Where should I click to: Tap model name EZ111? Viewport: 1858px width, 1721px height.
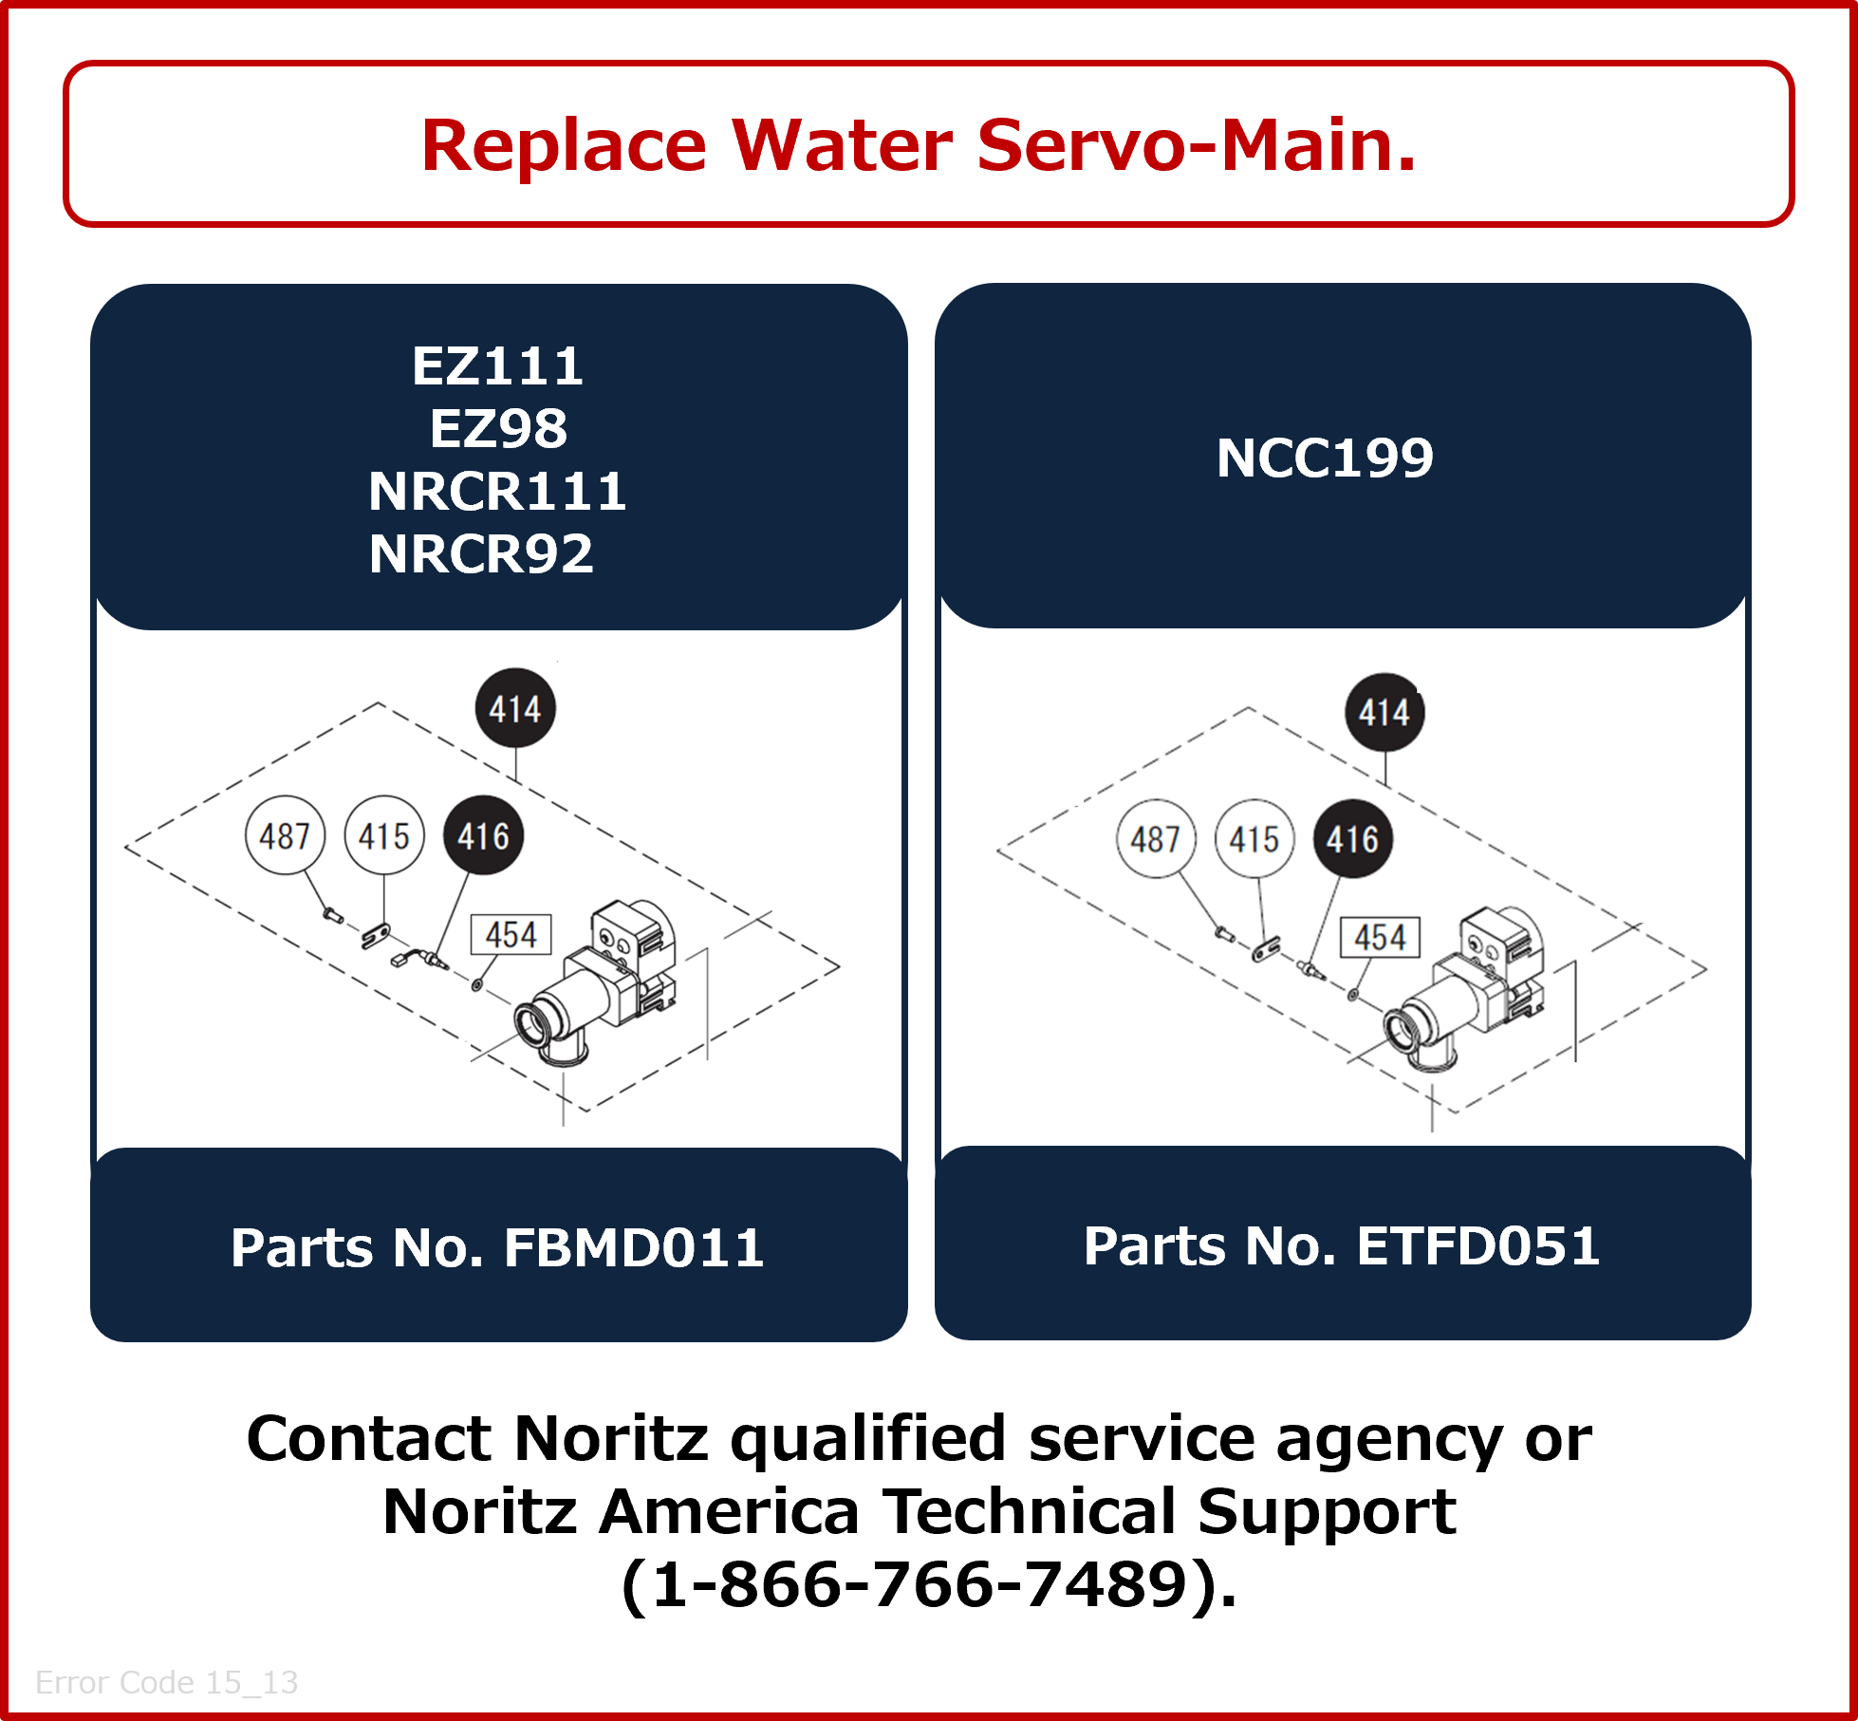coord(498,366)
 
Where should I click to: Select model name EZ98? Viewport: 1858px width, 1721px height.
coord(498,429)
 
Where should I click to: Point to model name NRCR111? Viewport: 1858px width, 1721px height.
coord(498,492)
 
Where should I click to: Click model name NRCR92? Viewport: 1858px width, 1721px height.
coord(481,554)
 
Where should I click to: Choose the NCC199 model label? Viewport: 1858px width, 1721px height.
coord(1325,458)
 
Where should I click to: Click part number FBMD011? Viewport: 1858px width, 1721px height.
coord(634,1247)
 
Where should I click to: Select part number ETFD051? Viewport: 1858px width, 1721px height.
coord(1478,1245)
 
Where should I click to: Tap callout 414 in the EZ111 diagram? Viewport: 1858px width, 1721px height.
coord(515,708)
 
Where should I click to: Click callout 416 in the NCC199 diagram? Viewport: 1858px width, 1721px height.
coord(1352,839)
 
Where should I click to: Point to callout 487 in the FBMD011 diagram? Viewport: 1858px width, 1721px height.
coord(285,835)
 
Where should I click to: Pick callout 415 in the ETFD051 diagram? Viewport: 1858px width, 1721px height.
coord(1254,839)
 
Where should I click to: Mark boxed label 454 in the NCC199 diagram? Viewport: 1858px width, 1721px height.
coord(1380,938)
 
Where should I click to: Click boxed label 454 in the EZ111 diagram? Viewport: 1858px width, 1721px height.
coord(511,935)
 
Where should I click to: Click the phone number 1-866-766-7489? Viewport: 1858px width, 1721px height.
coord(919,1586)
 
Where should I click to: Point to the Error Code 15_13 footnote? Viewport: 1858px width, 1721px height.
coord(167,1682)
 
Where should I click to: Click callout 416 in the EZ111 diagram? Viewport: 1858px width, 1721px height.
coord(484,835)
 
